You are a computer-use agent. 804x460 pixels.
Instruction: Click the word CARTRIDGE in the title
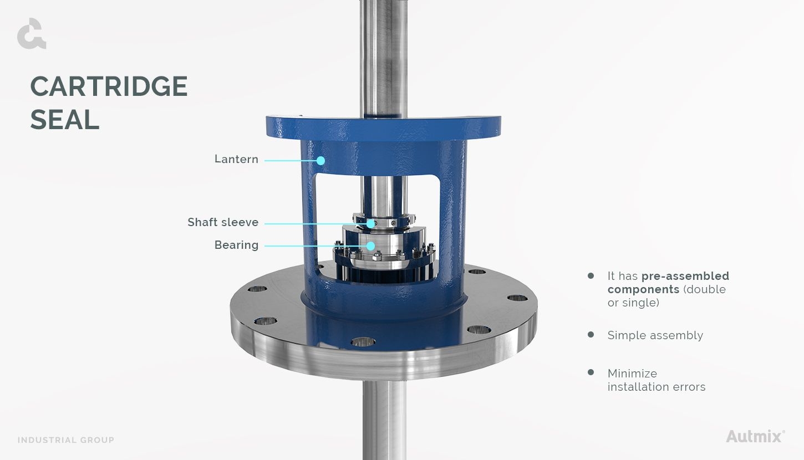coord(109,87)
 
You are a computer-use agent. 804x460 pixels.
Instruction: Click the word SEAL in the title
coord(65,120)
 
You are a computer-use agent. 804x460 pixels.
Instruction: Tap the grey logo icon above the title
coord(31,34)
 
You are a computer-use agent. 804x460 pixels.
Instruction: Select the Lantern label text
coord(236,160)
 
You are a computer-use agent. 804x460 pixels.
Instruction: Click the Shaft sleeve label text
coord(223,223)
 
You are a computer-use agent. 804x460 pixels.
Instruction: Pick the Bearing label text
coord(236,246)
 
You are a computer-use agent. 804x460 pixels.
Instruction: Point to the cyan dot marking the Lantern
coord(320,161)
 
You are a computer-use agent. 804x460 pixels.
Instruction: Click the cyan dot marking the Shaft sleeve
coord(370,223)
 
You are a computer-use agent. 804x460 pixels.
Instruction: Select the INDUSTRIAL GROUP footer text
coord(66,440)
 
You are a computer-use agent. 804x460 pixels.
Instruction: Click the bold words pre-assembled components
coord(668,283)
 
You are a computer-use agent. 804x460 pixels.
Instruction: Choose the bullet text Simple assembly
coord(655,336)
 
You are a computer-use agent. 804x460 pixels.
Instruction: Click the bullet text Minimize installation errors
coord(656,380)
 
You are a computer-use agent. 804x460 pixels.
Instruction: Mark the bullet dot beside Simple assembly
coord(591,335)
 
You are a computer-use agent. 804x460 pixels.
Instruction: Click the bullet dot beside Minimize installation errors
coord(591,372)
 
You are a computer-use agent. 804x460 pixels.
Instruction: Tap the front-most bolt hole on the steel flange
coord(363,342)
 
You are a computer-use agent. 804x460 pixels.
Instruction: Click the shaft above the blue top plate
coord(383,55)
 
